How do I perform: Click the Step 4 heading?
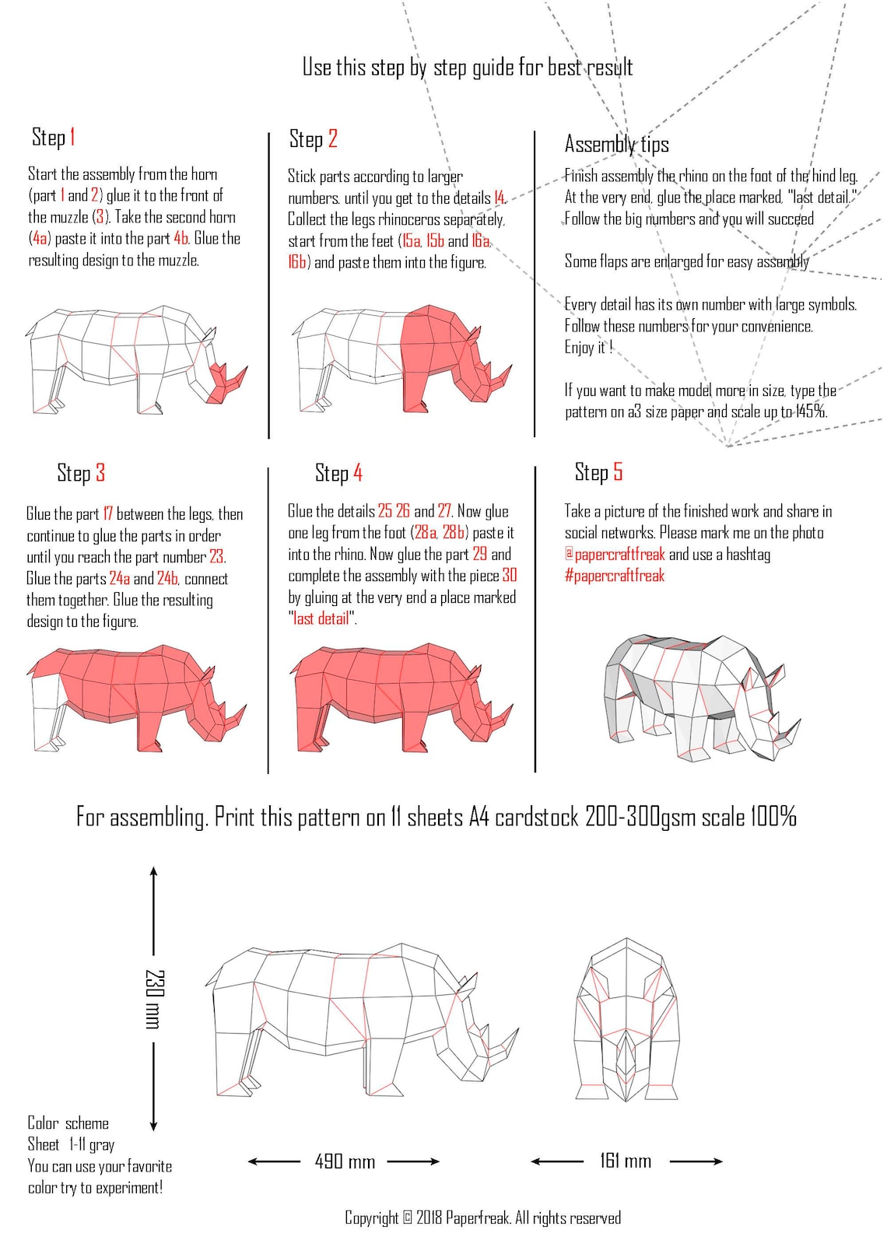(338, 473)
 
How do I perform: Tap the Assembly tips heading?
(616, 145)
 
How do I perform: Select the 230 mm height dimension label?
(155, 999)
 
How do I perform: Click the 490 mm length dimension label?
(345, 1162)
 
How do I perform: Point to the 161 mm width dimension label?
(626, 1161)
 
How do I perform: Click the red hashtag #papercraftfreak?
(615, 576)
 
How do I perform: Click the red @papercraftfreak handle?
(615, 555)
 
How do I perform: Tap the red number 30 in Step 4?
(510, 576)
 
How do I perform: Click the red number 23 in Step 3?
(217, 557)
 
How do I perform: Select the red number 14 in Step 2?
(499, 198)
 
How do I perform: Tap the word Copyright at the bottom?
(371, 1218)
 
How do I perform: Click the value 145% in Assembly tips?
(810, 412)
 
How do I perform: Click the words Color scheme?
(68, 1123)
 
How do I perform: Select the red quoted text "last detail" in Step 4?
(322, 619)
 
